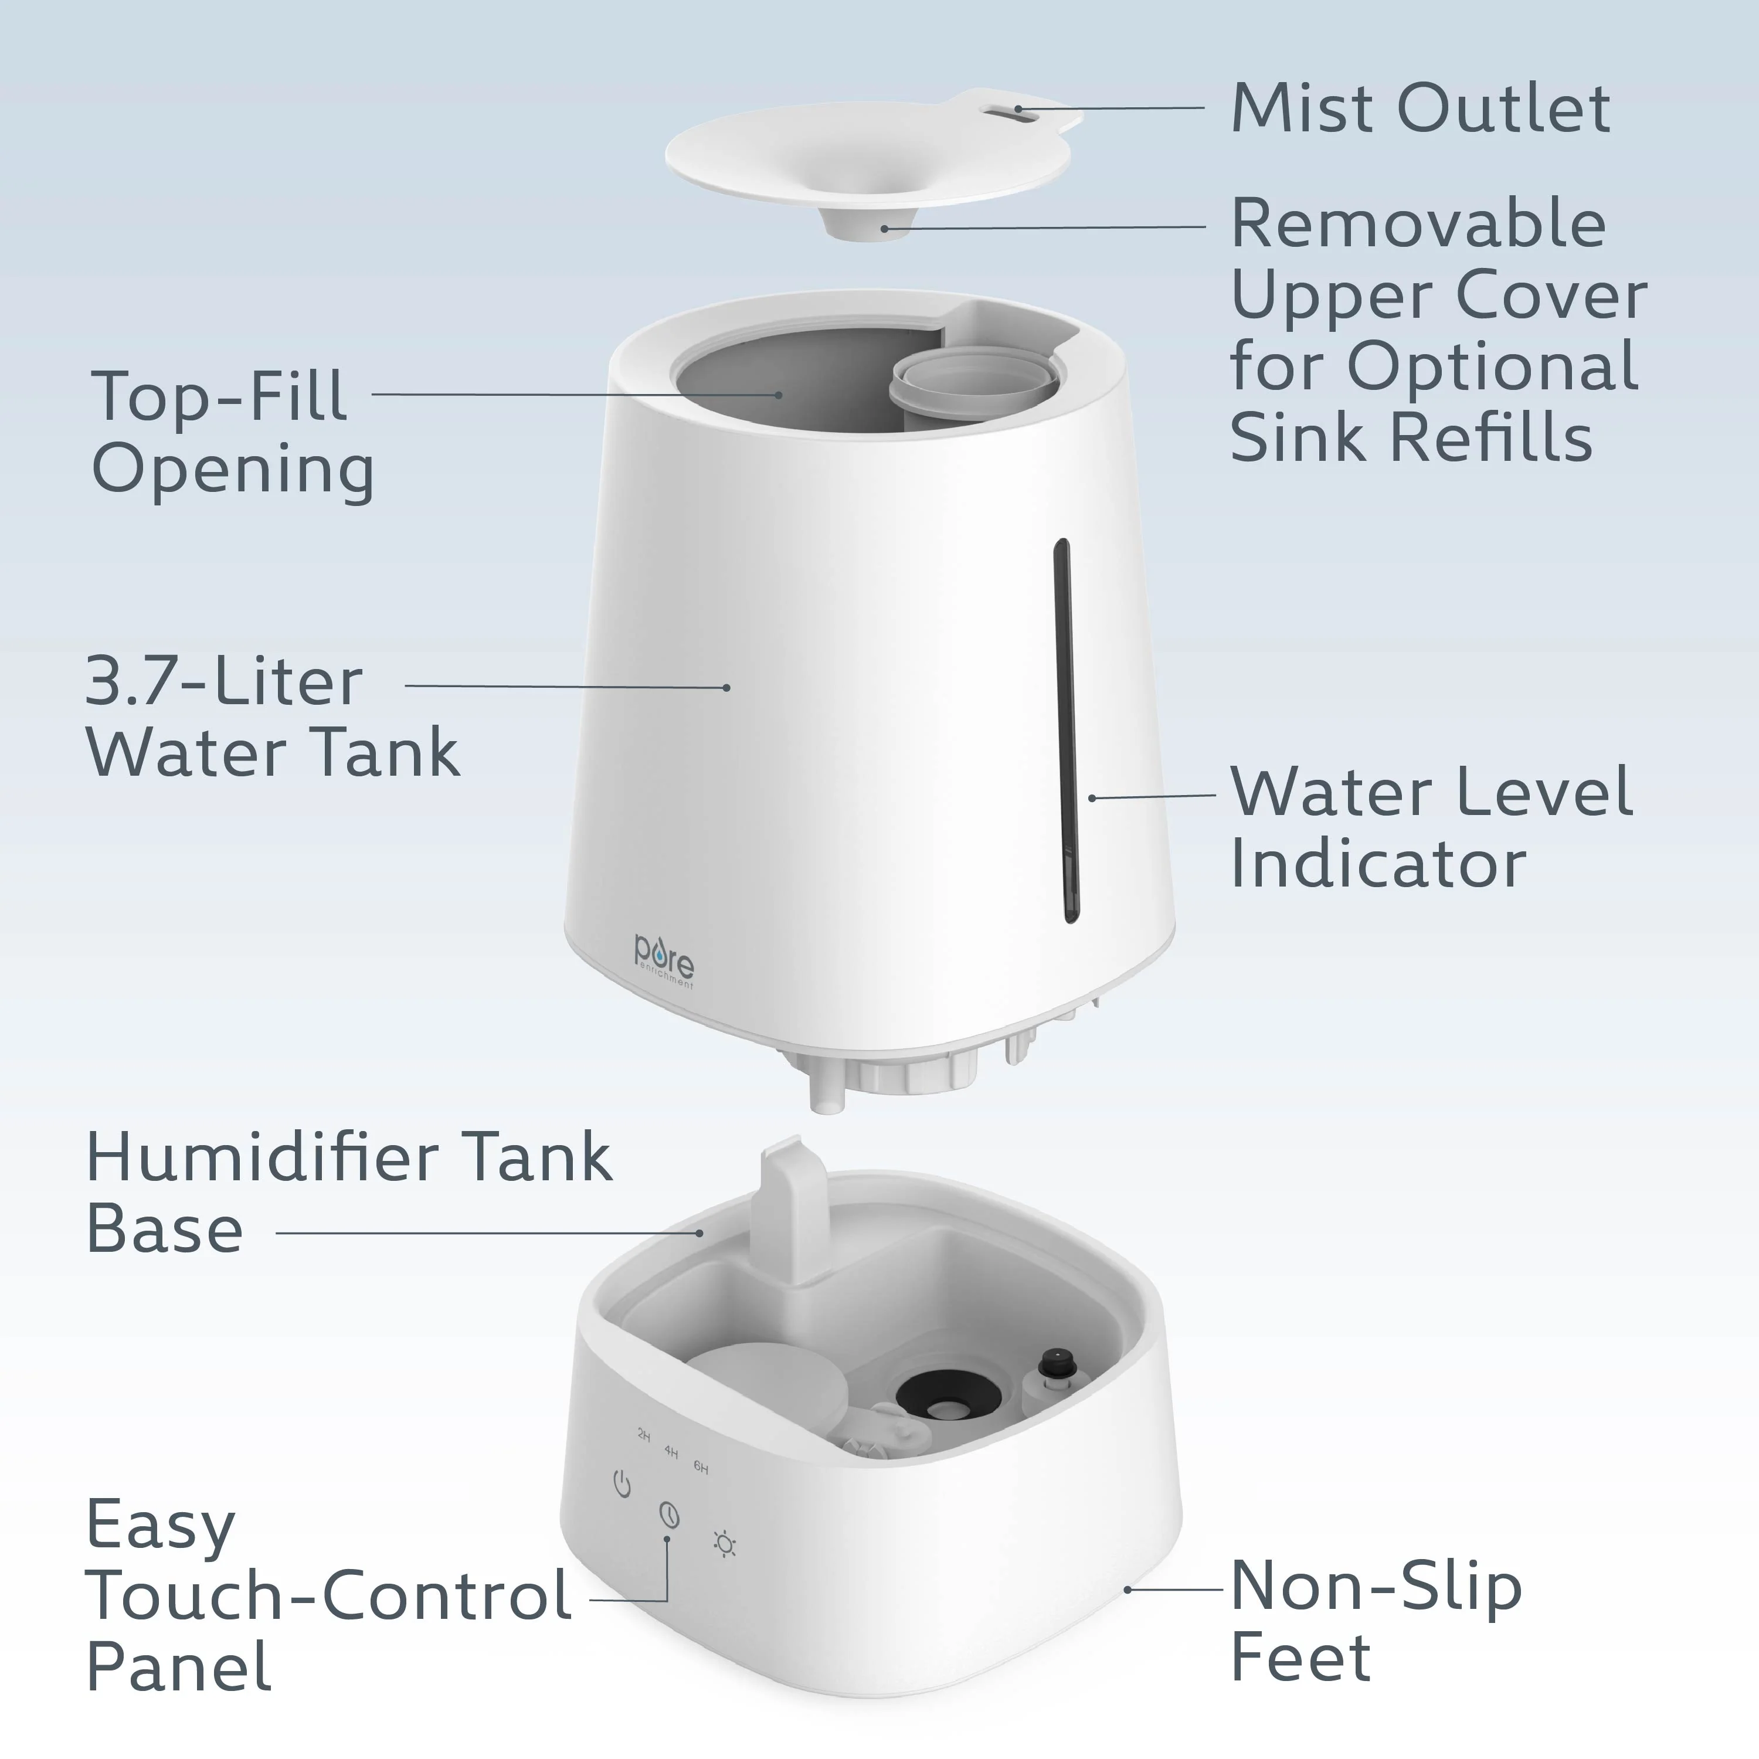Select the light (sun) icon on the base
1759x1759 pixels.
pos(725,1545)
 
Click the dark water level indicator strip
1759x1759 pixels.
pos(1064,729)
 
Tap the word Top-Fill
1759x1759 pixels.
pos(219,396)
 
